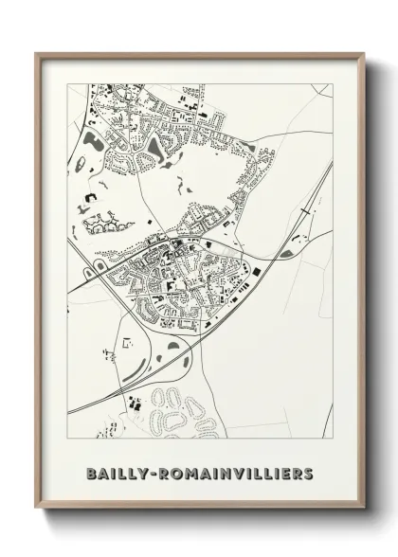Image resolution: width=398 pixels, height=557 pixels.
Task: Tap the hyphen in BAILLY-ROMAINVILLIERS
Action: click(x=159, y=471)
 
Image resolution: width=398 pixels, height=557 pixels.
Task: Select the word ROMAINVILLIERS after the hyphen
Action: click(x=240, y=470)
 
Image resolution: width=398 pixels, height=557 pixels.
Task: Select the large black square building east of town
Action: click(x=254, y=273)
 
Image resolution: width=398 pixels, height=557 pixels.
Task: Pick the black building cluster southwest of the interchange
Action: click(x=133, y=403)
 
